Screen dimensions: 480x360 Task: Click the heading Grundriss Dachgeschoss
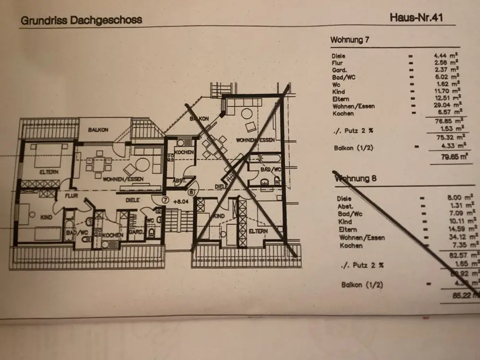[81, 21]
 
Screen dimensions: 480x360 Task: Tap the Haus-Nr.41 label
[416, 18]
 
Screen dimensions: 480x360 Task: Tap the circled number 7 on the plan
[165, 199]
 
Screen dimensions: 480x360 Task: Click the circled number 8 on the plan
[192, 192]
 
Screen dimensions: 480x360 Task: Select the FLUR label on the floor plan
[65, 196]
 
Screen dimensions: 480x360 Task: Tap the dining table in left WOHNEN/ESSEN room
[99, 164]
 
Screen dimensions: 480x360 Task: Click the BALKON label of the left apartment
[98, 130]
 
